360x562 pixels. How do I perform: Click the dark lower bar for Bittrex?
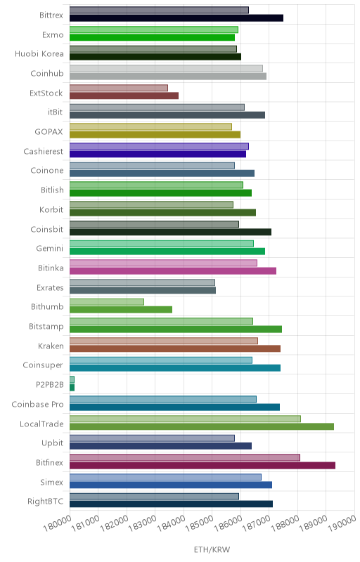click(176, 18)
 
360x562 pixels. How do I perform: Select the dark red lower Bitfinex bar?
click(202, 465)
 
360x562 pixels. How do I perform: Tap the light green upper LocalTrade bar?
click(185, 419)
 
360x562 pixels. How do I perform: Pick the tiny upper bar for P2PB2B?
click(72, 379)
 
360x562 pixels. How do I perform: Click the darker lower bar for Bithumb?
click(121, 310)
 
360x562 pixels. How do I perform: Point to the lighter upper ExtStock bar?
click(119, 88)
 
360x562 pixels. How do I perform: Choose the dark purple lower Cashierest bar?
click(157, 154)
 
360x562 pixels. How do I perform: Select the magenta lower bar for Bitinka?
click(173, 270)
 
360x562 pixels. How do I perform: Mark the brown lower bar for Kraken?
click(175, 348)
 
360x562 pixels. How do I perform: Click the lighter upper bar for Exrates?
click(142, 282)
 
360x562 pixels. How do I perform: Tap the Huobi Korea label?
click(39, 54)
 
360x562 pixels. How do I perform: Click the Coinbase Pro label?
click(38, 405)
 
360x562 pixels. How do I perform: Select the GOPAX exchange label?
click(49, 131)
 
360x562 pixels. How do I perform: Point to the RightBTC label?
click(46, 501)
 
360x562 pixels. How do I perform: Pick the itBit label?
click(56, 112)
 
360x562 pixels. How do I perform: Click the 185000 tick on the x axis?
click(198, 523)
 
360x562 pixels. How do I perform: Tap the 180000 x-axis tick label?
click(56, 523)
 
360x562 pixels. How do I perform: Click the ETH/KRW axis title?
click(212, 550)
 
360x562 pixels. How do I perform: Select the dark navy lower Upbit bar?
click(160, 446)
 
